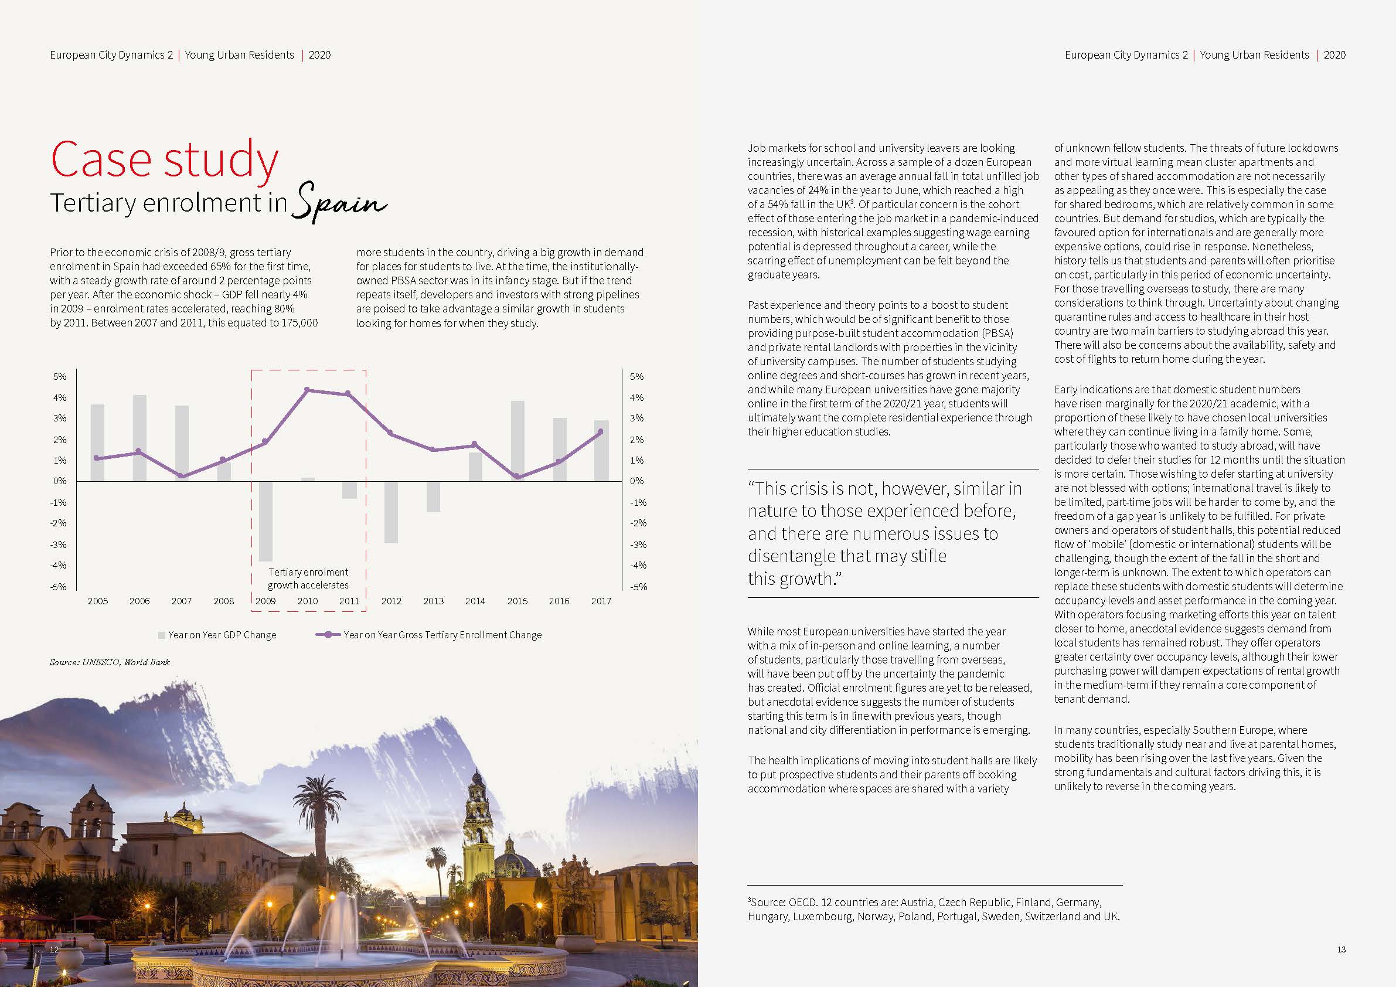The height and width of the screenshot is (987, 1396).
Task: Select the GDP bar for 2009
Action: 265,521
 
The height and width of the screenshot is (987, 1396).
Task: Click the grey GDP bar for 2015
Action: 517,441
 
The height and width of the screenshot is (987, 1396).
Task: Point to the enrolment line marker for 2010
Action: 307,390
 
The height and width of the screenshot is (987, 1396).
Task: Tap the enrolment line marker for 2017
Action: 601,432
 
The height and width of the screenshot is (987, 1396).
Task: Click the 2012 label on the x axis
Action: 391,601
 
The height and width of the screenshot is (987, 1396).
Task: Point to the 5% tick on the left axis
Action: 60,376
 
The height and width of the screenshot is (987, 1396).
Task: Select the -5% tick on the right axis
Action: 638,587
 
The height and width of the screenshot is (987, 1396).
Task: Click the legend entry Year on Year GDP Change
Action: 222,635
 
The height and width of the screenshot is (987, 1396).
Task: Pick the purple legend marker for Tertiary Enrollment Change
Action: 328,635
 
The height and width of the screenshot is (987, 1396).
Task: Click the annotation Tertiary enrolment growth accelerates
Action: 308,578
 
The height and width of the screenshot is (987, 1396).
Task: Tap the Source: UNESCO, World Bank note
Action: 110,662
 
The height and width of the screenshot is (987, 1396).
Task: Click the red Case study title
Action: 164,159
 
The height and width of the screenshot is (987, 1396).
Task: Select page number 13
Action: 1341,949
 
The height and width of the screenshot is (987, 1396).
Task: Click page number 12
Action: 54,949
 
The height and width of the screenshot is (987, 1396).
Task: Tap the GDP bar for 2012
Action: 391,512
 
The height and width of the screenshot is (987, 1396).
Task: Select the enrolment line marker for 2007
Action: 182,475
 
